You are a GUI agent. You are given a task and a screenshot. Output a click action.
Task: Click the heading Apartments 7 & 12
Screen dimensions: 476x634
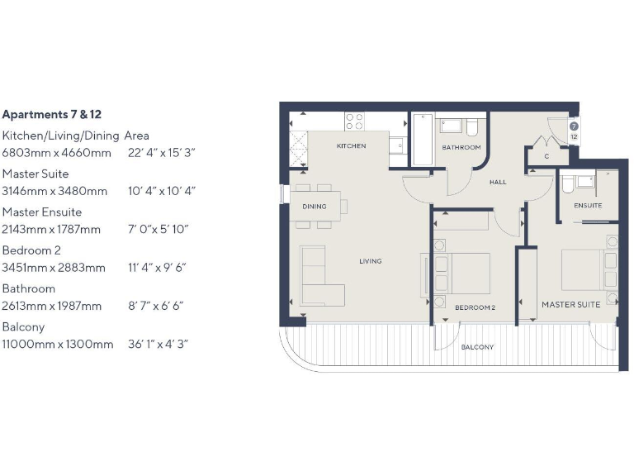coord(58,115)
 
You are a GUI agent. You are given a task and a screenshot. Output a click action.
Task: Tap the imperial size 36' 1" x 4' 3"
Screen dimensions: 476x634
coord(158,344)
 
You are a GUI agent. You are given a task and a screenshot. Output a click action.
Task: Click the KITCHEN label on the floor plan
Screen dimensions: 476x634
coord(351,146)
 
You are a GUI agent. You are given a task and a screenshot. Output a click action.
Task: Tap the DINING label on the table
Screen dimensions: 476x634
coord(315,207)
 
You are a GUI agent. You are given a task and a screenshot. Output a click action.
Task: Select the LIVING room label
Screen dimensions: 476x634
coord(370,261)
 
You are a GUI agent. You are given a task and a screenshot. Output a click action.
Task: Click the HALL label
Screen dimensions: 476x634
coord(498,182)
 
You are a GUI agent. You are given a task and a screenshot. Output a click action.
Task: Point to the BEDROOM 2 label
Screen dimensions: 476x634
coord(475,307)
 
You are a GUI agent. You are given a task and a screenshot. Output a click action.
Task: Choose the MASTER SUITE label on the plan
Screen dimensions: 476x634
coord(570,305)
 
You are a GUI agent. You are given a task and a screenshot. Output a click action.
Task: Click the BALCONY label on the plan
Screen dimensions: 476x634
coord(477,347)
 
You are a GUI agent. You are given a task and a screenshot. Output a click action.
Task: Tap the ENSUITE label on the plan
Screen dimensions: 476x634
coord(588,205)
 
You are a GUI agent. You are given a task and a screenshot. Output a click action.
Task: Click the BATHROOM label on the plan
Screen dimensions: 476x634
coord(461,148)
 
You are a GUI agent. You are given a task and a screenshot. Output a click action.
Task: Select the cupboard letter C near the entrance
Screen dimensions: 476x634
coord(546,156)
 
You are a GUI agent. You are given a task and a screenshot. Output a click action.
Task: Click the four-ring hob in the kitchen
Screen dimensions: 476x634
coord(354,122)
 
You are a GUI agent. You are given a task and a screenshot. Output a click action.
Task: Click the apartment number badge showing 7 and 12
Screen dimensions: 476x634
coord(573,131)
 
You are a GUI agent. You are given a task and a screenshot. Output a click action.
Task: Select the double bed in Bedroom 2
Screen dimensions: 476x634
coord(460,273)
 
